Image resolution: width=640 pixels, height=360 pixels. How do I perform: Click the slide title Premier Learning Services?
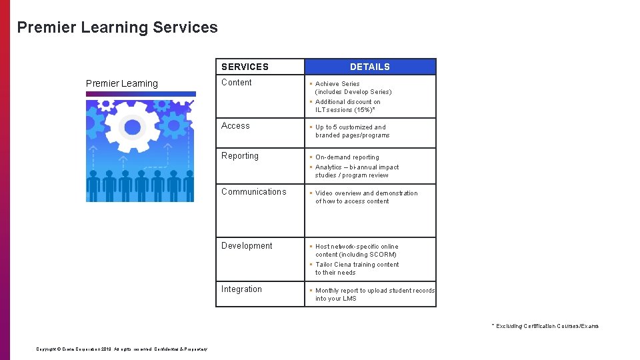[117, 27]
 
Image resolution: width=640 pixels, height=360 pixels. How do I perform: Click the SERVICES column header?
[245, 67]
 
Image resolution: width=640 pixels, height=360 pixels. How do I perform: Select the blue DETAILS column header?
[370, 67]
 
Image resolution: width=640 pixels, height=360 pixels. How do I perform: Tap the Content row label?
[237, 83]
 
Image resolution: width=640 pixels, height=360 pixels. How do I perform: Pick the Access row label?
[235, 126]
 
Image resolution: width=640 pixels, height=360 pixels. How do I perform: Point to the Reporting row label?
[239, 156]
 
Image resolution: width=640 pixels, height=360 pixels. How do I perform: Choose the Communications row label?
[253, 192]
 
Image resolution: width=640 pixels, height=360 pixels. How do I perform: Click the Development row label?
[247, 246]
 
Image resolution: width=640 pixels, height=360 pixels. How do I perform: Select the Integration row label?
[241, 289]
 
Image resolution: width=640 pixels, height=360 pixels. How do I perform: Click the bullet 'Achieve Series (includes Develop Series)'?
[353, 88]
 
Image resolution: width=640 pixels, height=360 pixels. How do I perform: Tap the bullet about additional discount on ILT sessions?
[347, 106]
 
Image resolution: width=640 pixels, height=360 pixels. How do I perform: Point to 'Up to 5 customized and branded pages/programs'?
[351, 131]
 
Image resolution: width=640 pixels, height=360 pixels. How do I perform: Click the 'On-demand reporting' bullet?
[347, 157]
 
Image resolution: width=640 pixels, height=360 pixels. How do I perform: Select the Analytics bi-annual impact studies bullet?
[356, 171]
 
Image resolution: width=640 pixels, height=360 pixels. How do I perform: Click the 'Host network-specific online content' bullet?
[356, 251]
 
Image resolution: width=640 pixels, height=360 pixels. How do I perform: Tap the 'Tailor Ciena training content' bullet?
[356, 269]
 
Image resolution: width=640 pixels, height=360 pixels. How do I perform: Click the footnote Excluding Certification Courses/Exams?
[546, 326]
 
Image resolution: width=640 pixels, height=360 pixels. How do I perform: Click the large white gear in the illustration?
[133, 126]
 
